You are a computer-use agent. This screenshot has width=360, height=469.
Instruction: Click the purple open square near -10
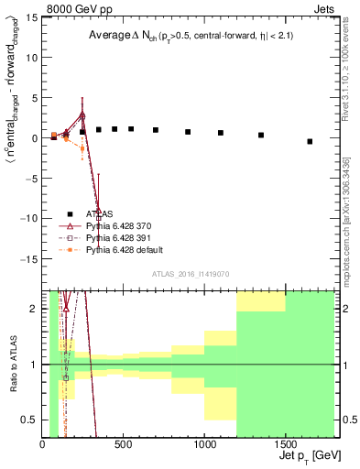coord(98,218)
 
